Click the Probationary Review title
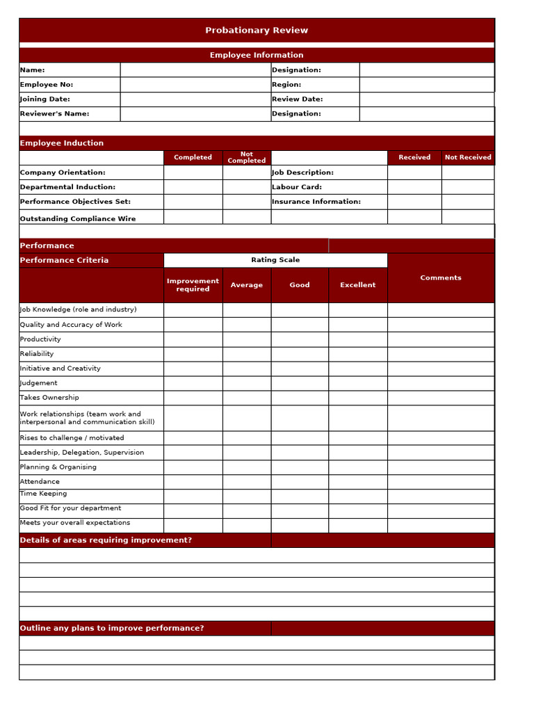pos(257,31)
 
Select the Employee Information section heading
pos(257,55)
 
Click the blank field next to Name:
pos(195,70)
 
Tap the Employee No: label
pos(47,85)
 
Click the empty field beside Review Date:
pos(426,99)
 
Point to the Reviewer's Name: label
pos(55,114)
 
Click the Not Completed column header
pos(247,158)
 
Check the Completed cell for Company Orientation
pos(193,172)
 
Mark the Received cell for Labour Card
pos(414,187)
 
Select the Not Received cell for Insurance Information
pos(468,202)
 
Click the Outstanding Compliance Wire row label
pos(78,218)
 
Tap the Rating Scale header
pos(275,260)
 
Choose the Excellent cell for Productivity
pos(358,339)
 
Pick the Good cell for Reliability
pos(300,354)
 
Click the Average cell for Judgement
pos(247,383)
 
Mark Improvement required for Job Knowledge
pos(193,310)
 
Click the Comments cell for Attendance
pos(441,482)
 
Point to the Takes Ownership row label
pos(49,398)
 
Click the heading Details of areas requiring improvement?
pos(106,540)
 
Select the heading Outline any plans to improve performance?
pos(112,629)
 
